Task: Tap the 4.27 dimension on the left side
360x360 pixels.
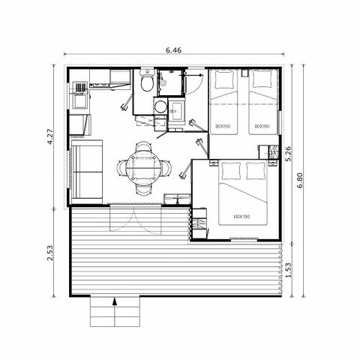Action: (x=50, y=136)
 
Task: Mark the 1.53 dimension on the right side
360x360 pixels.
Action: (x=289, y=268)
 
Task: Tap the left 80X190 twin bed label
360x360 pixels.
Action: (x=222, y=125)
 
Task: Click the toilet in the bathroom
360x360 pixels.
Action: (x=147, y=79)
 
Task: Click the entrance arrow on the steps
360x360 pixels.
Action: (x=115, y=303)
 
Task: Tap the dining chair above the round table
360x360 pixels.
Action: (x=142, y=145)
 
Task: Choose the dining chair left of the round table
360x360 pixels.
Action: (x=123, y=165)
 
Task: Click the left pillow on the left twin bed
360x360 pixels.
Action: (x=222, y=79)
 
